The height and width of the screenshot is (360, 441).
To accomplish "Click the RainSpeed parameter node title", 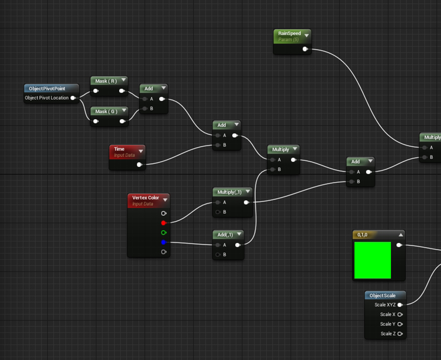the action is click(289, 33).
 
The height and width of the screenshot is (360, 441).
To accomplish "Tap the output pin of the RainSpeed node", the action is click(305, 49).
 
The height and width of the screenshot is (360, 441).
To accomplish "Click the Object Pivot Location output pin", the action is click(73, 98).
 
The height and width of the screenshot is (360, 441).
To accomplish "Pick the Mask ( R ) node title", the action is click(106, 81).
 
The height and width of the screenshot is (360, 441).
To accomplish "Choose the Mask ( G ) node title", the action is click(106, 111).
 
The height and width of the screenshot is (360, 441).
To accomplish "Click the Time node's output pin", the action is click(139, 165).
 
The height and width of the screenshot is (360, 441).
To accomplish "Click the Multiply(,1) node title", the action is click(229, 192).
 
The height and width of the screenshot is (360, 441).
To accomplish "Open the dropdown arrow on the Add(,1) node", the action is click(240, 234).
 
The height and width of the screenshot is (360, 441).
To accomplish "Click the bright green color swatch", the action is click(373, 260).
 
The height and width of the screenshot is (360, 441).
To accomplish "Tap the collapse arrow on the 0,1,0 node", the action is click(401, 235).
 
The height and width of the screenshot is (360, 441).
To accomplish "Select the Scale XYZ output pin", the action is click(400, 305).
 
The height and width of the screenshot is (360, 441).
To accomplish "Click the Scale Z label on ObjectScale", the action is click(388, 334).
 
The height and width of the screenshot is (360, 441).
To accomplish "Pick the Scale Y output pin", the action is click(400, 324).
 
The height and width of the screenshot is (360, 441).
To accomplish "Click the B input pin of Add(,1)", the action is click(218, 255).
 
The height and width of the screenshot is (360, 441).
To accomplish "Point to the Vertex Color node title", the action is click(145, 198).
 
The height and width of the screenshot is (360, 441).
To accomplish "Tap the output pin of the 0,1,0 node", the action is click(399, 245).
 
